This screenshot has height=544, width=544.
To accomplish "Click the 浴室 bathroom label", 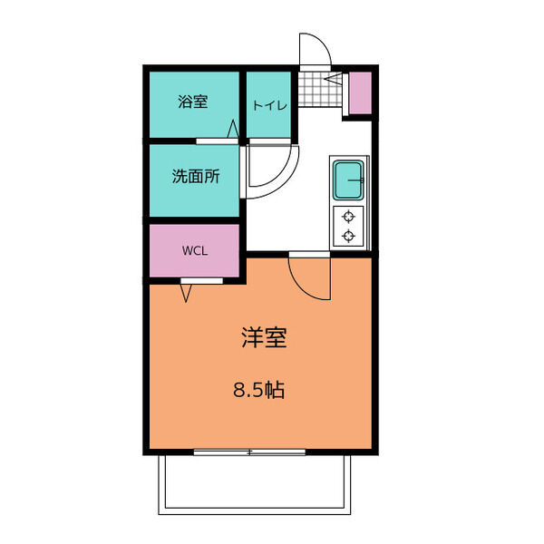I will tap(192, 102).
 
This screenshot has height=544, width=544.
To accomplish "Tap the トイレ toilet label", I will tap(269, 104).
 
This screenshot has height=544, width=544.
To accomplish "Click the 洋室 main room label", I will tap(264, 338).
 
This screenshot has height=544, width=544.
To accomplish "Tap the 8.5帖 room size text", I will tap(259, 391).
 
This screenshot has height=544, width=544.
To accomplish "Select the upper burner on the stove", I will tap(348, 217).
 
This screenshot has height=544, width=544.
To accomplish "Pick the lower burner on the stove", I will tap(348, 237).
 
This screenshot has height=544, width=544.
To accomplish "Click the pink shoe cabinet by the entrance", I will tap(361, 92).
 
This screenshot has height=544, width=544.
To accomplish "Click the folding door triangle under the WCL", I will tap(186, 292).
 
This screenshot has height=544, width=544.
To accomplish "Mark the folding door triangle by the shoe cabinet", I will tap(336, 83).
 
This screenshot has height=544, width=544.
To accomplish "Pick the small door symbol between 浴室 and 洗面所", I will tap(235, 132).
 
